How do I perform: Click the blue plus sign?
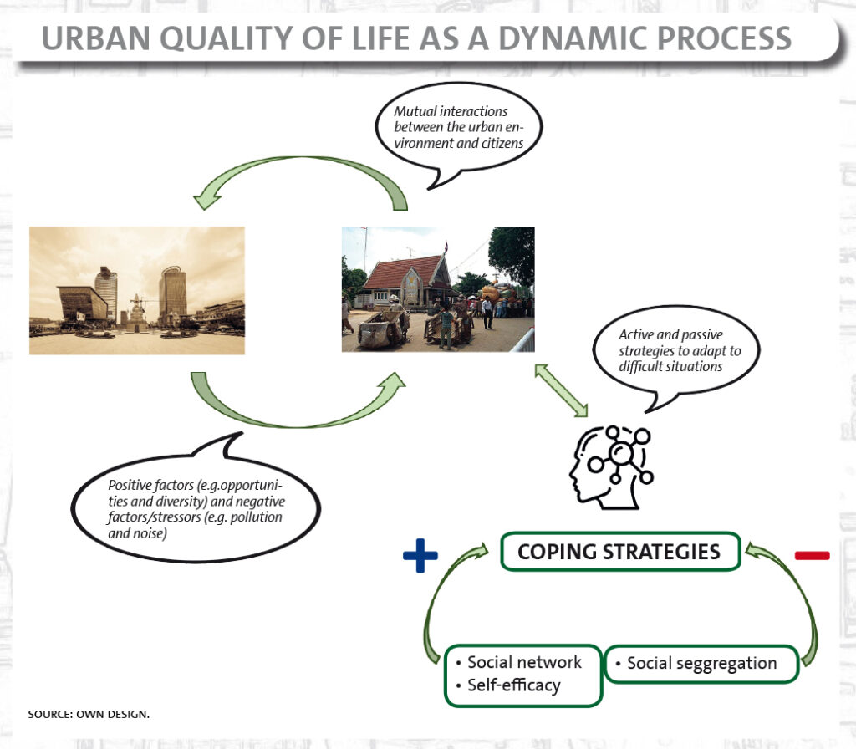pos(420,555)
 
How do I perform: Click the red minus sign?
pos(813,555)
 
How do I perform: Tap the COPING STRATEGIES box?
pos(620,552)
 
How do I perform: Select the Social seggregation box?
pos(701,663)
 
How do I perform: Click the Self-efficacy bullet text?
pos(514,685)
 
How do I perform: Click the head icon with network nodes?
pos(611,466)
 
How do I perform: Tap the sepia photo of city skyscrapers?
pos(137,290)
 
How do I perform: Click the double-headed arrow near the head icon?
pos(561,390)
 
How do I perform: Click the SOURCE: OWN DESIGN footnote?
pos(89,714)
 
